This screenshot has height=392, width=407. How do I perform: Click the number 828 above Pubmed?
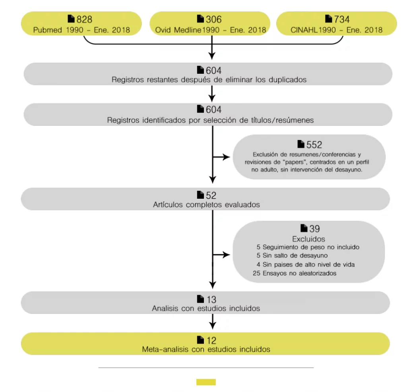tap(84, 19)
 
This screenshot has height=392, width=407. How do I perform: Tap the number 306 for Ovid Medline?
tap(214, 19)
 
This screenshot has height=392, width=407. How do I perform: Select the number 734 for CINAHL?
tap(342, 19)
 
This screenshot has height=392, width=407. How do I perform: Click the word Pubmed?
tap(48, 30)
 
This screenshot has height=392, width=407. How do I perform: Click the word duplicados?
tap(288, 79)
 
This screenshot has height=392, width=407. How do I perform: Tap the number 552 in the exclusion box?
tap(314, 145)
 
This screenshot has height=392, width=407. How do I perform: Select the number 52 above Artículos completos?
tap(211, 195)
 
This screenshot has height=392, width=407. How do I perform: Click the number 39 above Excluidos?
tap(315, 229)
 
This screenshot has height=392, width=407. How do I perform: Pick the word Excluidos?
tap(308, 239)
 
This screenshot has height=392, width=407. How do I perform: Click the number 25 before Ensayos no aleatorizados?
tap(256, 273)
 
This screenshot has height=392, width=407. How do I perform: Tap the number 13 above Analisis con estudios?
tap(211, 300)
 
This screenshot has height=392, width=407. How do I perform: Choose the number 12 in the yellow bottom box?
tap(211, 340)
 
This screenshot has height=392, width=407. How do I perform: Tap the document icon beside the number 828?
tap(71, 19)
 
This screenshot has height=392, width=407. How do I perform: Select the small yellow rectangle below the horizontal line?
tap(206, 382)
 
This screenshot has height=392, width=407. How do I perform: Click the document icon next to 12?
tap(200, 340)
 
